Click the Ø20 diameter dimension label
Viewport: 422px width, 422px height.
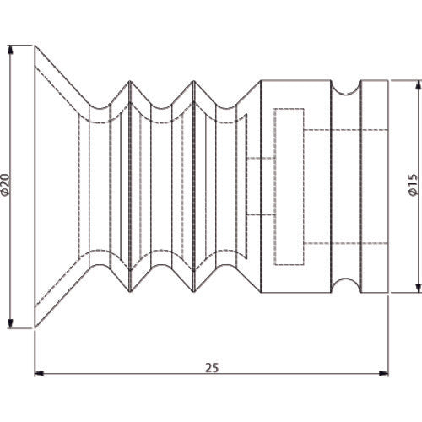click(6, 185)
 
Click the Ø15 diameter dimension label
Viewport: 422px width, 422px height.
click(413, 185)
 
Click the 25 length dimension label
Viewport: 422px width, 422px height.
click(212, 368)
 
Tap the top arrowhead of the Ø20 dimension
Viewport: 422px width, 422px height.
click(10, 50)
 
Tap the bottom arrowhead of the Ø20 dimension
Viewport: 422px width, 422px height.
click(10, 323)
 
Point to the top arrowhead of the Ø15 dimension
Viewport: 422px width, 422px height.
click(419, 85)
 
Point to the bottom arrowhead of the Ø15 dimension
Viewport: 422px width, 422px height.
click(419, 288)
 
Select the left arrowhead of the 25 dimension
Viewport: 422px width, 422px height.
click(39, 373)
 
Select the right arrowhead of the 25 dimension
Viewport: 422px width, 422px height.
click(383, 373)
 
